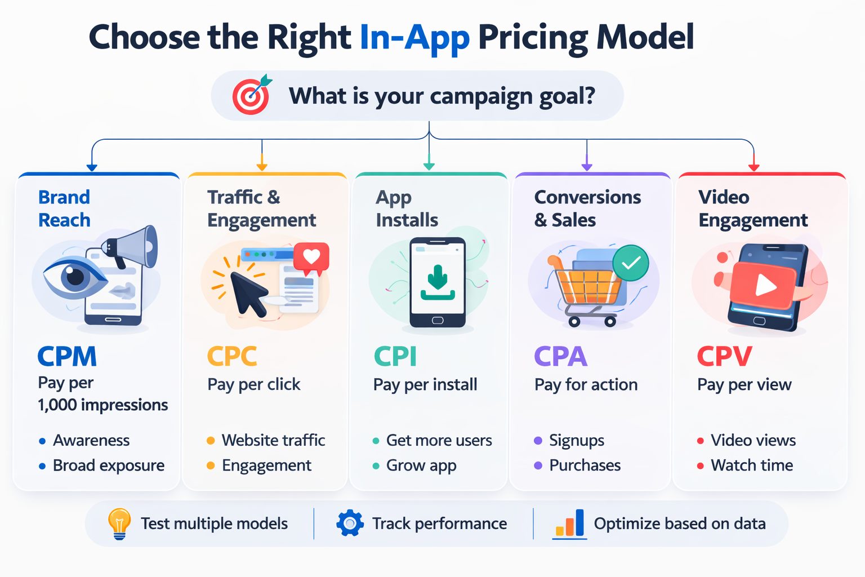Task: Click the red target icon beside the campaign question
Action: pyautogui.click(x=251, y=95)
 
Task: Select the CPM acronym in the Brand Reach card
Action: pyautogui.click(x=67, y=356)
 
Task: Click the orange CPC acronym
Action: pyautogui.click(x=231, y=356)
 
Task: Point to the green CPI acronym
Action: pyautogui.click(x=395, y=356)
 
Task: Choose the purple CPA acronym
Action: pyautogui.click(x=560, y=356)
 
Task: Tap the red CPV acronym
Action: pyautogui.click(x=724, y=356)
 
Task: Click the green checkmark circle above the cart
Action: pyautogui.click(x=631, y=263)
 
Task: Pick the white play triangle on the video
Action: pyautogui.click(x=765, y=286)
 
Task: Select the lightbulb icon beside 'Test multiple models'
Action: pyautogui.click(x=119, y=523)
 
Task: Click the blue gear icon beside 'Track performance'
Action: pyautogui.click(x=350, y=523)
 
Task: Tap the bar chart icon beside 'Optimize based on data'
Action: pyautogui.click(x=569, y=523)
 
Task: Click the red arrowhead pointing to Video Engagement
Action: pyautogui.click(x=754, y=167)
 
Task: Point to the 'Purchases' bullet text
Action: pyautogui.click(x=585, y=465)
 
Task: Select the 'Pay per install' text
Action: pyautogui.click(x=425, y=385)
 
